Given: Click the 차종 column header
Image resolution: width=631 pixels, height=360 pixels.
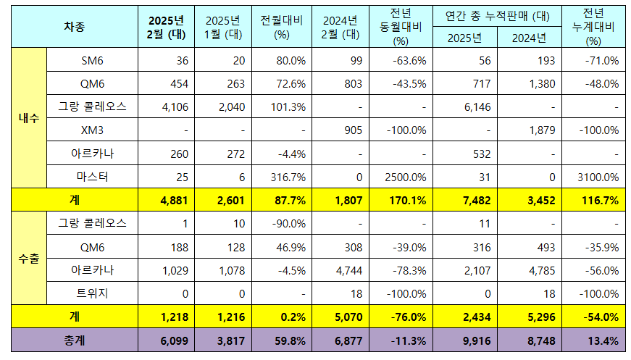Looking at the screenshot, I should (75, 27).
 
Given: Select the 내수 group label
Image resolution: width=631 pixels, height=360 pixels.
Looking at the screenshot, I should (28, 118).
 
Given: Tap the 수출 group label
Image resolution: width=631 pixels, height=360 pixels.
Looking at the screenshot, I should (28, 257).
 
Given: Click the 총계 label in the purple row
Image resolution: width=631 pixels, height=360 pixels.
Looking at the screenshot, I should (75, 340).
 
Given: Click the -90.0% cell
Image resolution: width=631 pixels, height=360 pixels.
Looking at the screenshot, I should (283, 223).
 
